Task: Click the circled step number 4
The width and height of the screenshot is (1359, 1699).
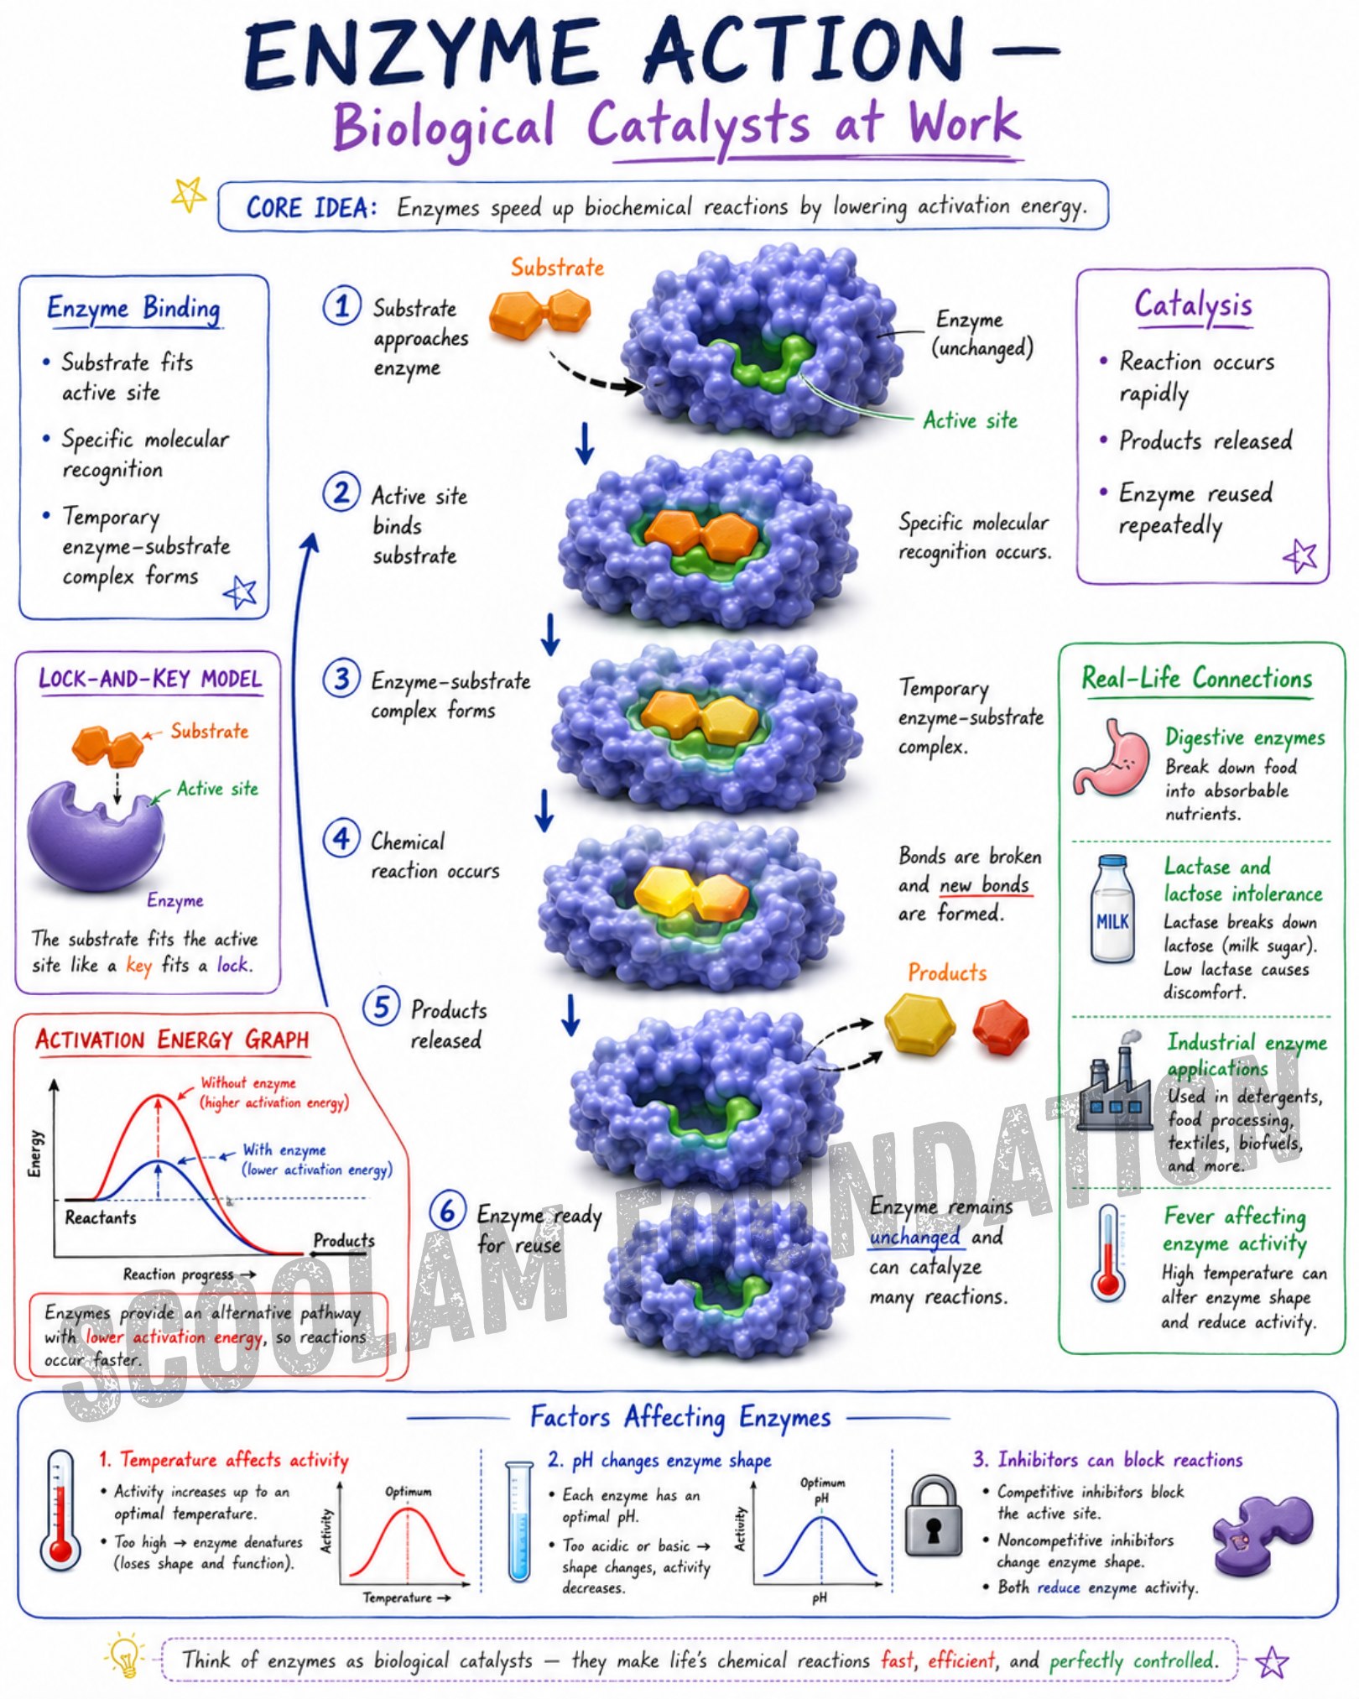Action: (x=341, y=838)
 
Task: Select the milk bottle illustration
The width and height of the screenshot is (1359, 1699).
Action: (x=1112, y=909)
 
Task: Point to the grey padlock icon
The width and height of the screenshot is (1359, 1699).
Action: (x=933, y=1517)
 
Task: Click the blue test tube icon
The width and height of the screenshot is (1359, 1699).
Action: (x=518, y=1520)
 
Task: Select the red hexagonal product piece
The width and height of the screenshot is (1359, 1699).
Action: (x=1001, y=1027)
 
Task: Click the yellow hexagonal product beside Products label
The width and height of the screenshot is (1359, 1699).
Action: (x=919, y=1023)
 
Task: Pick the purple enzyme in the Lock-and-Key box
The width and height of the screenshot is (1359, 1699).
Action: (x=95, y=836)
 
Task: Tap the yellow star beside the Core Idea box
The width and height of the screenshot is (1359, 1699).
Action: (x=189, y=196)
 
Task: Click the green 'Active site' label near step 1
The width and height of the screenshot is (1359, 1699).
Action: (x=970, y=420)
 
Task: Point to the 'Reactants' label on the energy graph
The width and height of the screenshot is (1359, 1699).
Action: (x=101, y=1217)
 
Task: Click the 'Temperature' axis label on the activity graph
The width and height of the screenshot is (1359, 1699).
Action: (x=397, y=1597)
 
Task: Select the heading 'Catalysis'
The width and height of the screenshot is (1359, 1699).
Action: (x=1193, y=305)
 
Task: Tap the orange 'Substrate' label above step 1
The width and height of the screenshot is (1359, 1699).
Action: (x=558, y=268)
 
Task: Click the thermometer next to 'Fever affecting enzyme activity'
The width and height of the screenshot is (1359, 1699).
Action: (x=1108, y=1253)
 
